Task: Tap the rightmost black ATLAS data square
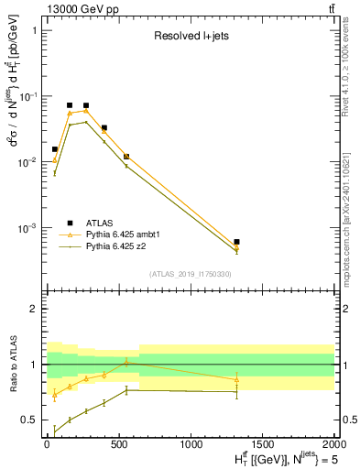[x=236, y=242]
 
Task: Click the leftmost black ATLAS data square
[x=55, y=148]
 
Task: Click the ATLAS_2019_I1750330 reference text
[x=190, y=274]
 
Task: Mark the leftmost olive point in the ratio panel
[x=55, y=431]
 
